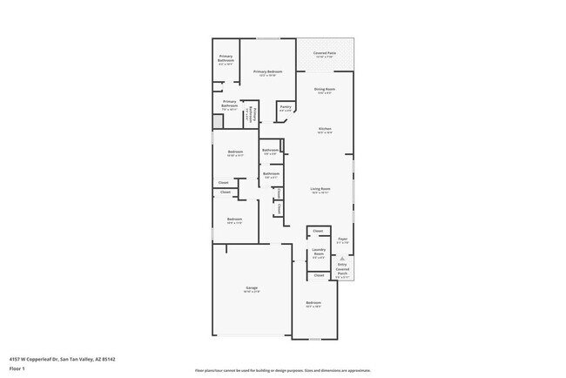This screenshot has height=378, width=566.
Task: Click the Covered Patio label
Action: (x=325, y=55)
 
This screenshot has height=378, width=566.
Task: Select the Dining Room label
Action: (x=325, y=91)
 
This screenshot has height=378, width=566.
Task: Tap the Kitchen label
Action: (x=324, y=131)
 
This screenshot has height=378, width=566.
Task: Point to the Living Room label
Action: (x=320, y=191)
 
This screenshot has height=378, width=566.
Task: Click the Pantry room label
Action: (x=285, y=110)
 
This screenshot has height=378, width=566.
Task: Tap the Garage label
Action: (x=252, y=289)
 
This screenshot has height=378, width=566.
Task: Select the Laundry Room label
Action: (x=319, y=253)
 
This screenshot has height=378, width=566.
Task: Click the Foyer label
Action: (x=343, y=240)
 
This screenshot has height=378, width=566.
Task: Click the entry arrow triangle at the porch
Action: (x=343, y=259)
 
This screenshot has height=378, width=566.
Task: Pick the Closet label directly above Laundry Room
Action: (x=318, y=231)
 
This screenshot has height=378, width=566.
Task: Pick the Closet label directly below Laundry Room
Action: (x=318, y=275)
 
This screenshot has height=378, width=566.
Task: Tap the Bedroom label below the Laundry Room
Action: (x=313, y=305)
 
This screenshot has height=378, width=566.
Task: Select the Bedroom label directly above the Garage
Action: (x=234, y=220)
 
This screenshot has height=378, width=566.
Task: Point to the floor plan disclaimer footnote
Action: (x=282, y=371)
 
